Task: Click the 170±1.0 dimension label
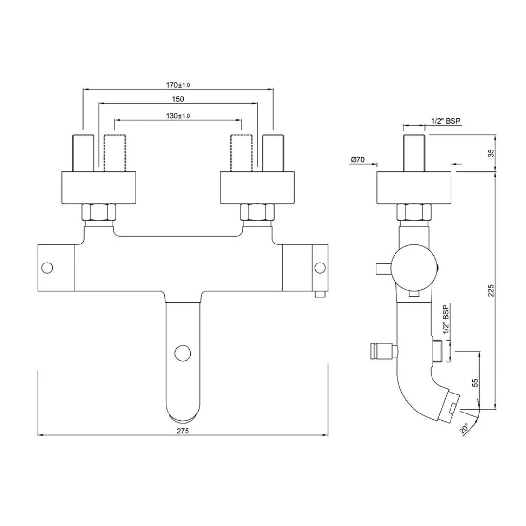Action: click(178, 85)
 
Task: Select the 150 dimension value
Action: click(178, 99)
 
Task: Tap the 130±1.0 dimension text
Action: click(178, 116)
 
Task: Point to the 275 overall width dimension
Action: click(183, 431)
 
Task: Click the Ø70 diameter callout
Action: click(357, 159)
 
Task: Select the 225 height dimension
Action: click(491, 290)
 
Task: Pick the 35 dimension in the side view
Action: click(491, 153)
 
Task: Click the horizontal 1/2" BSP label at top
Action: click(446, 121)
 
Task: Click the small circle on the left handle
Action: click(47, 267)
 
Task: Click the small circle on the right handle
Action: click(320, 267)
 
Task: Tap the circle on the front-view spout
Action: click(183, 353)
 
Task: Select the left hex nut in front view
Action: click(99, 212)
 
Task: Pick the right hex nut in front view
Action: click(258, 212)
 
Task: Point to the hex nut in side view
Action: click(414, 212)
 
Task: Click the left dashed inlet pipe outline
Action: click(114, 153)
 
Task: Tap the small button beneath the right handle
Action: click(320, 294)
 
